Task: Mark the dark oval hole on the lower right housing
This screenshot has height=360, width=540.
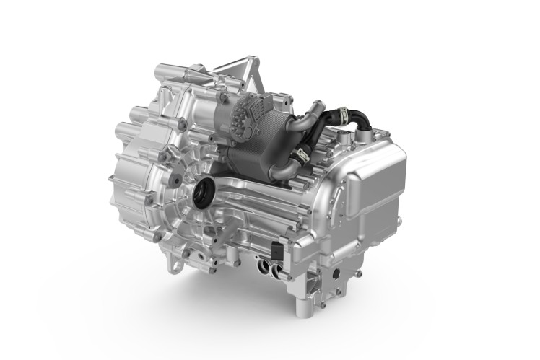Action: coord(333,275)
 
